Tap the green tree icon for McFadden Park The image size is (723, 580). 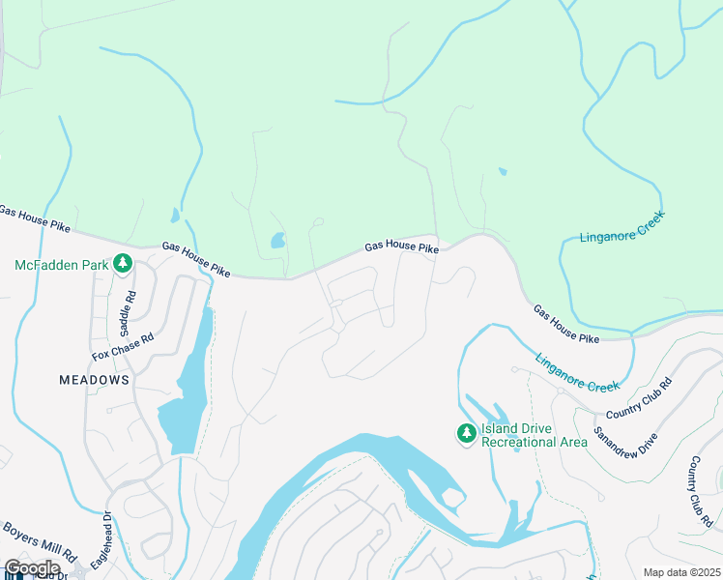click(x=123, y=263)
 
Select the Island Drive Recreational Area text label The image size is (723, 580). click(x=535, y=435)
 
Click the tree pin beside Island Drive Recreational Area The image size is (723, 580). click(x=467, y=434)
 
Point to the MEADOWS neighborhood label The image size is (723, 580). click(x=94, y=380)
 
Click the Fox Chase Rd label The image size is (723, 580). click(x=123, y=348)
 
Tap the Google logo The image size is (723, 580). click(x=32, y=568)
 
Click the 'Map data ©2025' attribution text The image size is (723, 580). click(x=680, y=572)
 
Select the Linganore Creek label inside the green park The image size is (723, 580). click(x=622, y=224)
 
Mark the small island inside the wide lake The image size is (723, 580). click(x=451, y=498)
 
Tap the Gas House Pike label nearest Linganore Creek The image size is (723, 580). click(x=566, y=324)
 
